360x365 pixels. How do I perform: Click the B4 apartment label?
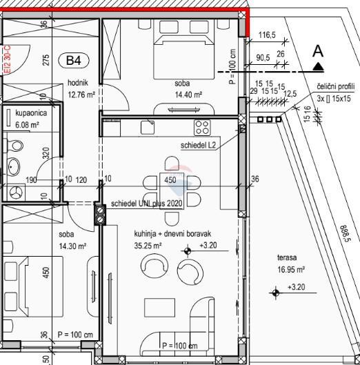point(74,61)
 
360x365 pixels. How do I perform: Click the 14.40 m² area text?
point(188,95)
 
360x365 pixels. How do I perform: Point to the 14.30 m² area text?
point(72,246)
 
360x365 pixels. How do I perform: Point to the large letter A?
point(317,50)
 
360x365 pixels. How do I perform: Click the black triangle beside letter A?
point(318,66)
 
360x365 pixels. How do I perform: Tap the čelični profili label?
point(337,86)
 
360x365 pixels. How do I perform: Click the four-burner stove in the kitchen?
point(202,127)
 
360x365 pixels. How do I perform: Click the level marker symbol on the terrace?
point(276,293)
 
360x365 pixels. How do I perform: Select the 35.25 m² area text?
point(148,245)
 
